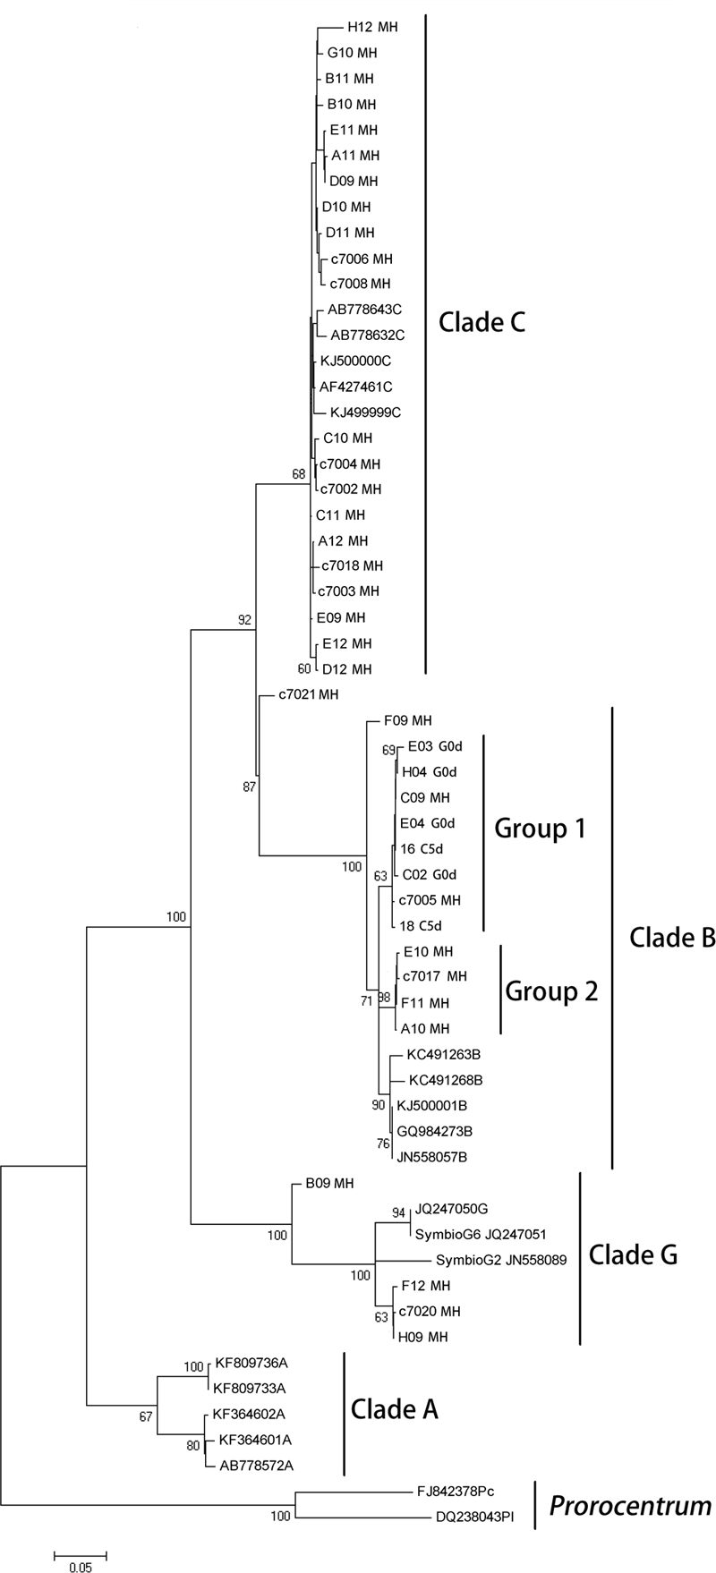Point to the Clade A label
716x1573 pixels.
[x=394, y=1410]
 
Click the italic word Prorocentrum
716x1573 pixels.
[x=629, y=1506]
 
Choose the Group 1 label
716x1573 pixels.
[x=540, y=829]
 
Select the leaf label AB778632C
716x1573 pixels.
[x=368, y=336]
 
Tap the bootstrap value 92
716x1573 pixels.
[x=244, y=619]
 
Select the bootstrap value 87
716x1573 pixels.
[x=249, y=786]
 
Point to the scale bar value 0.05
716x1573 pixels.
[x=81, y=1560]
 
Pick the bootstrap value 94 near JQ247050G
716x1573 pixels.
[x=399, y=1212]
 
